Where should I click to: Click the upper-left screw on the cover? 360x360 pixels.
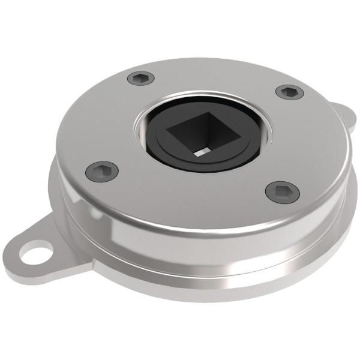click(141, 77)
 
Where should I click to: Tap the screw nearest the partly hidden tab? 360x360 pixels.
click(290, 92)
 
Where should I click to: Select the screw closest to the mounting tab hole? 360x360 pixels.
click(101, 170)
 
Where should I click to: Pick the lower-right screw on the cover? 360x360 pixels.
click(282, 191)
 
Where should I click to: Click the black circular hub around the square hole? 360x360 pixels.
click(174, 153)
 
